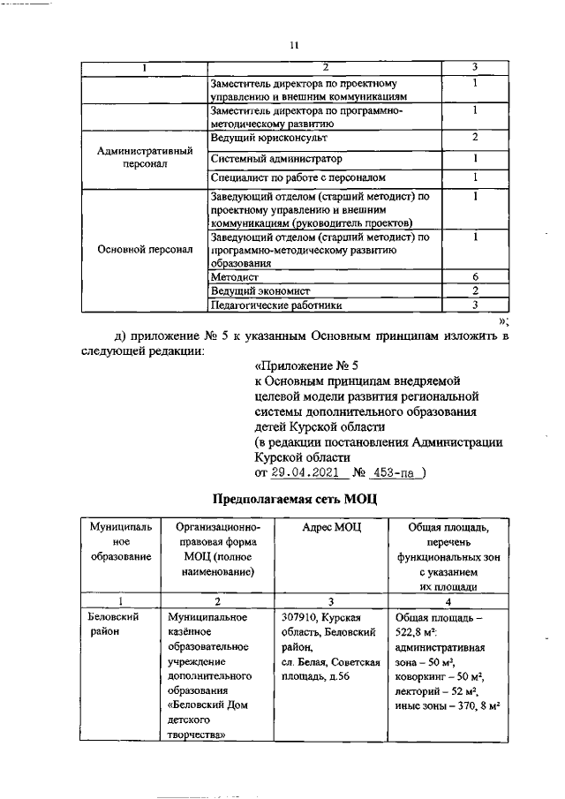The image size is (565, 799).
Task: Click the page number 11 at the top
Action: [x=296, y=44]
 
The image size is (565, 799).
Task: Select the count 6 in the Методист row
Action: [x=475, y=276]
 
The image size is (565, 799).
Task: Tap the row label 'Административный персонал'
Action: [x=144, y=158]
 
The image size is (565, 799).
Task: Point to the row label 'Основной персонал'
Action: [x=144, y=249]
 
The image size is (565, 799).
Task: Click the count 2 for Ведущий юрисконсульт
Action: [x=475, y=138]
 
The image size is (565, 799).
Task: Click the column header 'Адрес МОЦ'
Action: [x=326, y=527]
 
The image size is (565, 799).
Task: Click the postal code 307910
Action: [x=295, y=618]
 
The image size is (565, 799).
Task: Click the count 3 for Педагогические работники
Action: [x=475, y=305]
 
